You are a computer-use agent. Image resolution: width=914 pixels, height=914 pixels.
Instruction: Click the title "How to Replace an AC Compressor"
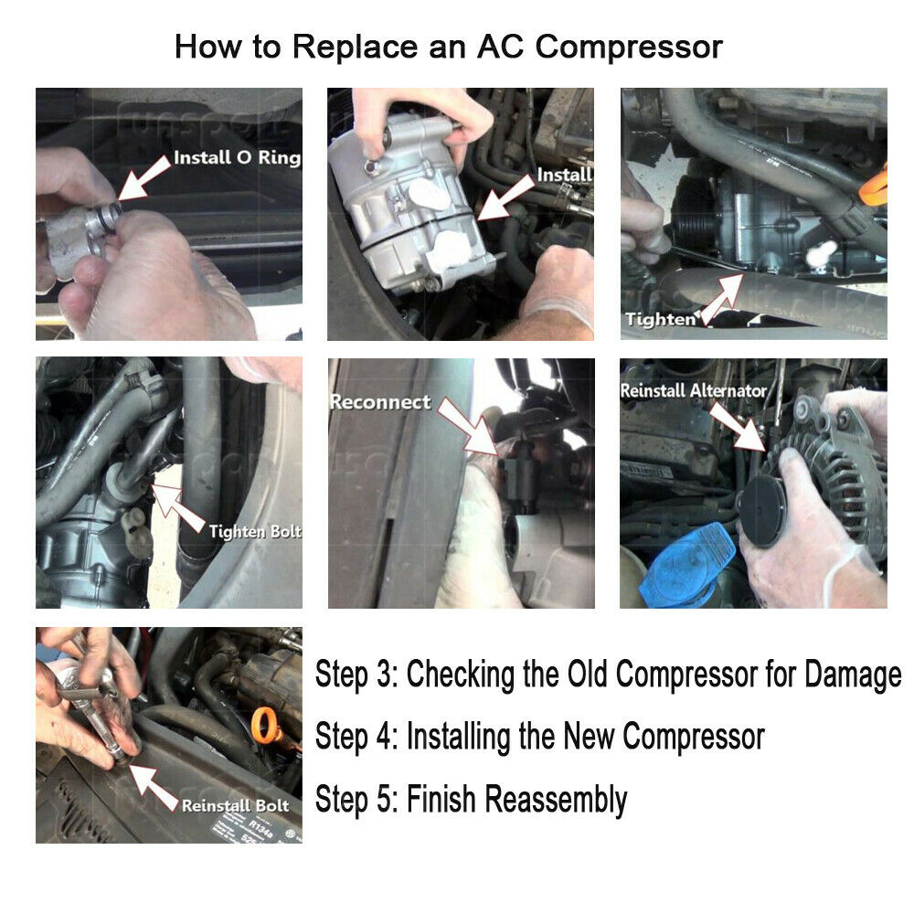(x=448, y=47)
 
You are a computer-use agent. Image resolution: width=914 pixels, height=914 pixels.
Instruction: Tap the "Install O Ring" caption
(x=237, y=157)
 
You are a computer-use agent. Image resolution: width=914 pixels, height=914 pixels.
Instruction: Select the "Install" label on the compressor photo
(x=564, y=175)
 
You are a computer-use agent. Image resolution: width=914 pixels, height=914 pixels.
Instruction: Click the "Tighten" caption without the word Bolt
(x=661, y=319)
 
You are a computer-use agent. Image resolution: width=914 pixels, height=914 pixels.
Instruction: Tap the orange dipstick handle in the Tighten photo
(x=874, y=187)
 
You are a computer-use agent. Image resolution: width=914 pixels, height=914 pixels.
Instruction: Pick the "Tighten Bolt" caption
(x=255, y=531)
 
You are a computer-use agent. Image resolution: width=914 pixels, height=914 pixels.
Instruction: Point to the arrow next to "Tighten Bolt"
(x=178, y=507)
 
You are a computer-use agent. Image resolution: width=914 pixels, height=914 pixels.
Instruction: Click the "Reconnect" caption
(x=380, y=401)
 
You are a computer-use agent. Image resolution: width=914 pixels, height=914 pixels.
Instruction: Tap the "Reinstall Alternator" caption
(x=693, y=390)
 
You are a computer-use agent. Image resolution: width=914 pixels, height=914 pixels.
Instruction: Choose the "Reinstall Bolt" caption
(x=235, y=805)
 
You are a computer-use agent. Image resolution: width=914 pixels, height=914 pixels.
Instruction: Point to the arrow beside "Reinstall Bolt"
(x=153, y=788)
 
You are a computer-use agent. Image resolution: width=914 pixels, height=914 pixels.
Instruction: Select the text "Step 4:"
(x=356, y=736)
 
